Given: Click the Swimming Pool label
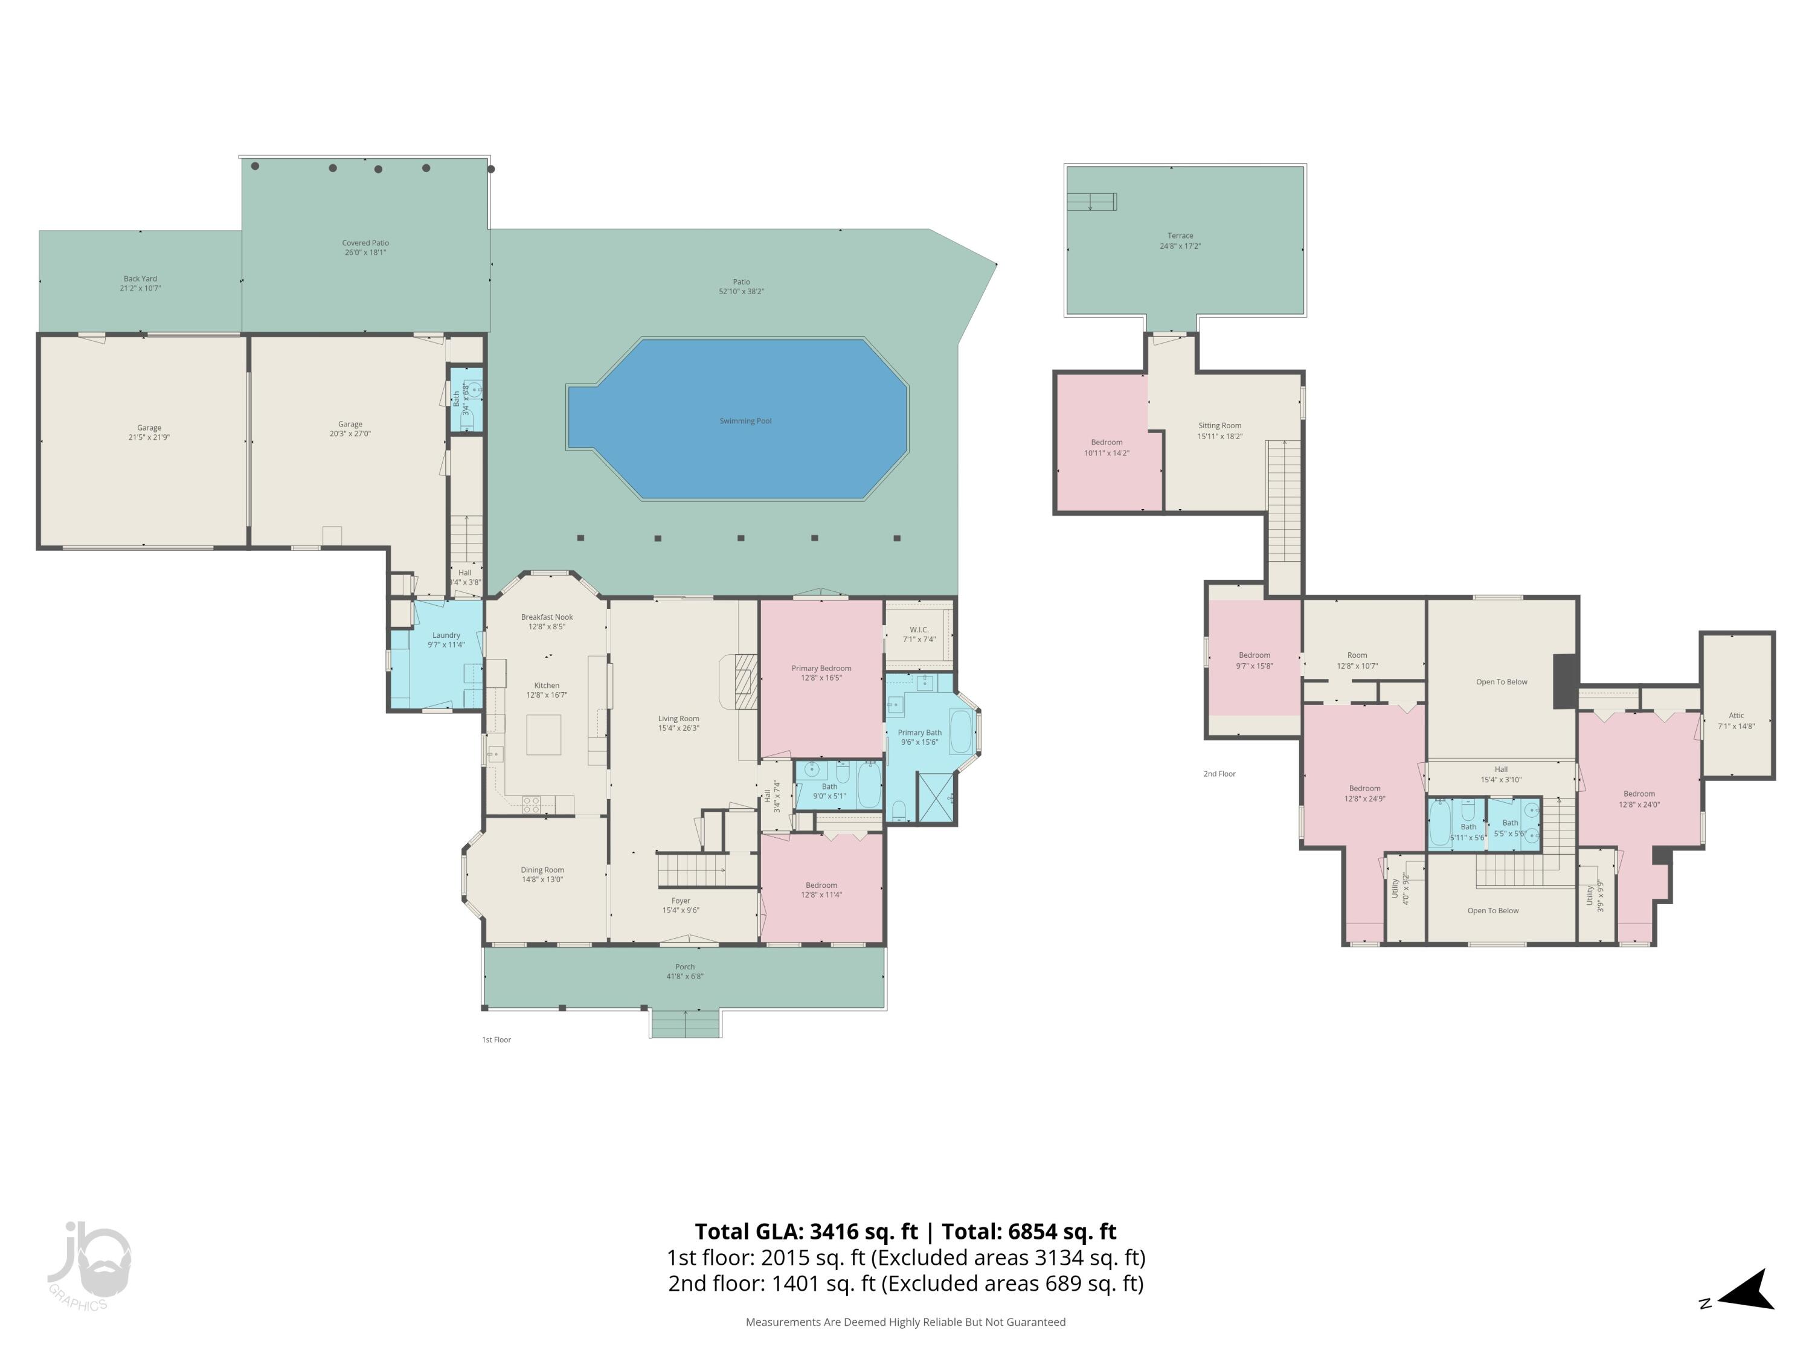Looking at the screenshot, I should pos(745,421).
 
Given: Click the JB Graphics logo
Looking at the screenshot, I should pos(88,1265).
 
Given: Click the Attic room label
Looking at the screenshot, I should pos(1736,721).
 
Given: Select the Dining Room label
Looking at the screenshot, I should pos(542,874).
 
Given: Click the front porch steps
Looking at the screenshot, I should pos(686,1024).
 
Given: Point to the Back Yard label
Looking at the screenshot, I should pos(140,283).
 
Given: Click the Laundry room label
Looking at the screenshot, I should pos(446,640).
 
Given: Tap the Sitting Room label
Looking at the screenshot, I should pos(1219,431).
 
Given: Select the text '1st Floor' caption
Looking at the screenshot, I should pos(496,1039).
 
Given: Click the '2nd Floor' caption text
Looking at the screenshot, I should pos(1219,773).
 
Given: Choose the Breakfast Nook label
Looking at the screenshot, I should pos(547,622).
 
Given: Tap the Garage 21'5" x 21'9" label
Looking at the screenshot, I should pos(149,432).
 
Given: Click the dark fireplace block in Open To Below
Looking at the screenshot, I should pos(1564,681).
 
